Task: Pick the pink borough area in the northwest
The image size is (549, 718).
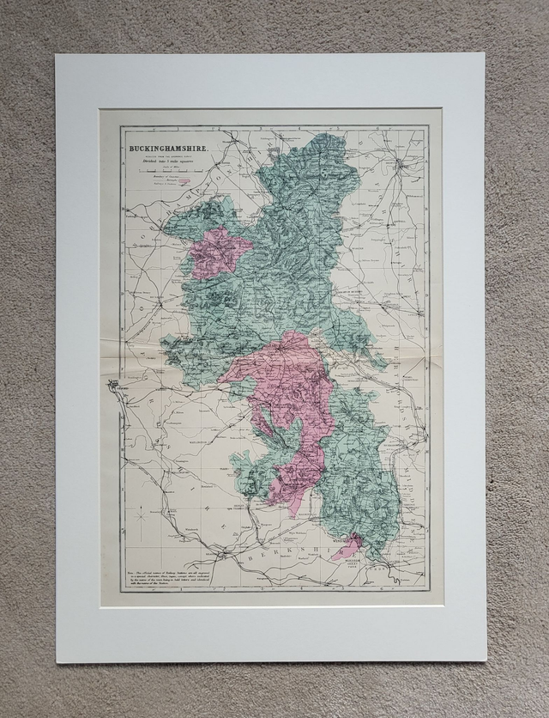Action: pyautogui.click(x=217, y=252)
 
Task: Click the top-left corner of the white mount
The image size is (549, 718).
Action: pyautogui.click(x=57, y=55)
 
